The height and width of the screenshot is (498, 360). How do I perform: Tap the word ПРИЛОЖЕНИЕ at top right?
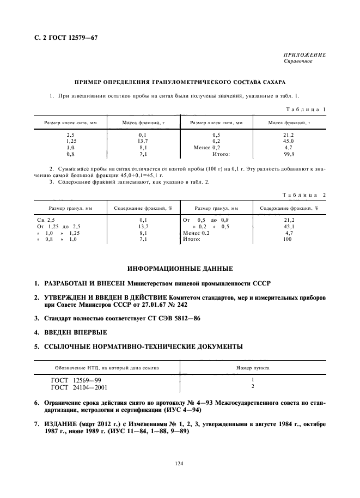click(x=304, y=56)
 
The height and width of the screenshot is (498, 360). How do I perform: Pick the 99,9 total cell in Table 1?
click(x=289, y=154)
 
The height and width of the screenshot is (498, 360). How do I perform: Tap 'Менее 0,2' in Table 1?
click(x=207, y=148)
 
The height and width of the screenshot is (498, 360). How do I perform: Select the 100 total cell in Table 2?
click(x=289, y=239)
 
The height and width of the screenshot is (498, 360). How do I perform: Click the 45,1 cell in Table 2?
click(x=289, y=226)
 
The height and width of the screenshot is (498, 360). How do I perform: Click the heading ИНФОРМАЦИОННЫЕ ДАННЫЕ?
click(x=180, y=269)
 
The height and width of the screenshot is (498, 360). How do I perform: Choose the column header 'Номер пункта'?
click(x=253, y=368)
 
